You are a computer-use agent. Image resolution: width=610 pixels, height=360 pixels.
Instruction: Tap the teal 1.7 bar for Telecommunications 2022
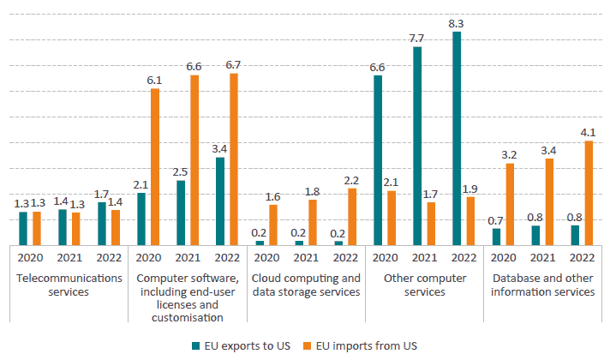coord(102,224)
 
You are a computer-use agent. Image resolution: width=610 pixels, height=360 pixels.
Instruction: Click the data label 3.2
coord(509,155)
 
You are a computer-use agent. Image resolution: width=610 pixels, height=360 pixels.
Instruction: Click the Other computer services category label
coord(425,285)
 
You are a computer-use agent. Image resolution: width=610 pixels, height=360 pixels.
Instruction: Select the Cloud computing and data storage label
coord(306,285)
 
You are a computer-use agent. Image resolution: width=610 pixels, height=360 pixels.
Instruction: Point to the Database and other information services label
coord(543,285)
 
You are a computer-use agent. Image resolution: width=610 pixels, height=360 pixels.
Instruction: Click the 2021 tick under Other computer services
coord(425,256)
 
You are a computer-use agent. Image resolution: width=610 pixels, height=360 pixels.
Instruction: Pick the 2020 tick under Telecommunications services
coord(30,256)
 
